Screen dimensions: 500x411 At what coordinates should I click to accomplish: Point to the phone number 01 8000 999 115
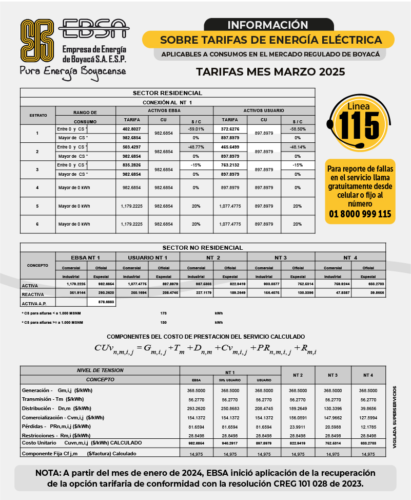[360, 214]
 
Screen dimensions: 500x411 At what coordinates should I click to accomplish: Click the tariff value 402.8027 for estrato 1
[132, 128]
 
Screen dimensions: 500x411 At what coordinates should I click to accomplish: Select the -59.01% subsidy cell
[196, 128]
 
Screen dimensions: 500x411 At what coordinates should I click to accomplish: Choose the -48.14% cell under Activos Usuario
[298, 146]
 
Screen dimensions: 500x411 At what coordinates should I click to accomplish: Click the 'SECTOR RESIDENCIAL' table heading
[167, 93]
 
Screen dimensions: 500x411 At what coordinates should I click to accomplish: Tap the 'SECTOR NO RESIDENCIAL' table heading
[203, 247]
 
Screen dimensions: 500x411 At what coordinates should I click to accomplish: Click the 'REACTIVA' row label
[32, 294]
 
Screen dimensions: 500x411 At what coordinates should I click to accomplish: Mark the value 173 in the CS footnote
[164, 312]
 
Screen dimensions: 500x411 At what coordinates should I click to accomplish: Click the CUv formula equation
[205, 349]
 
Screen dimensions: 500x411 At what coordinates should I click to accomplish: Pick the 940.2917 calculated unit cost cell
[230, 442]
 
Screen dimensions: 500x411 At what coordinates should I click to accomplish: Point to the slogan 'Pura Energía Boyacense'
[72, 70]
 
